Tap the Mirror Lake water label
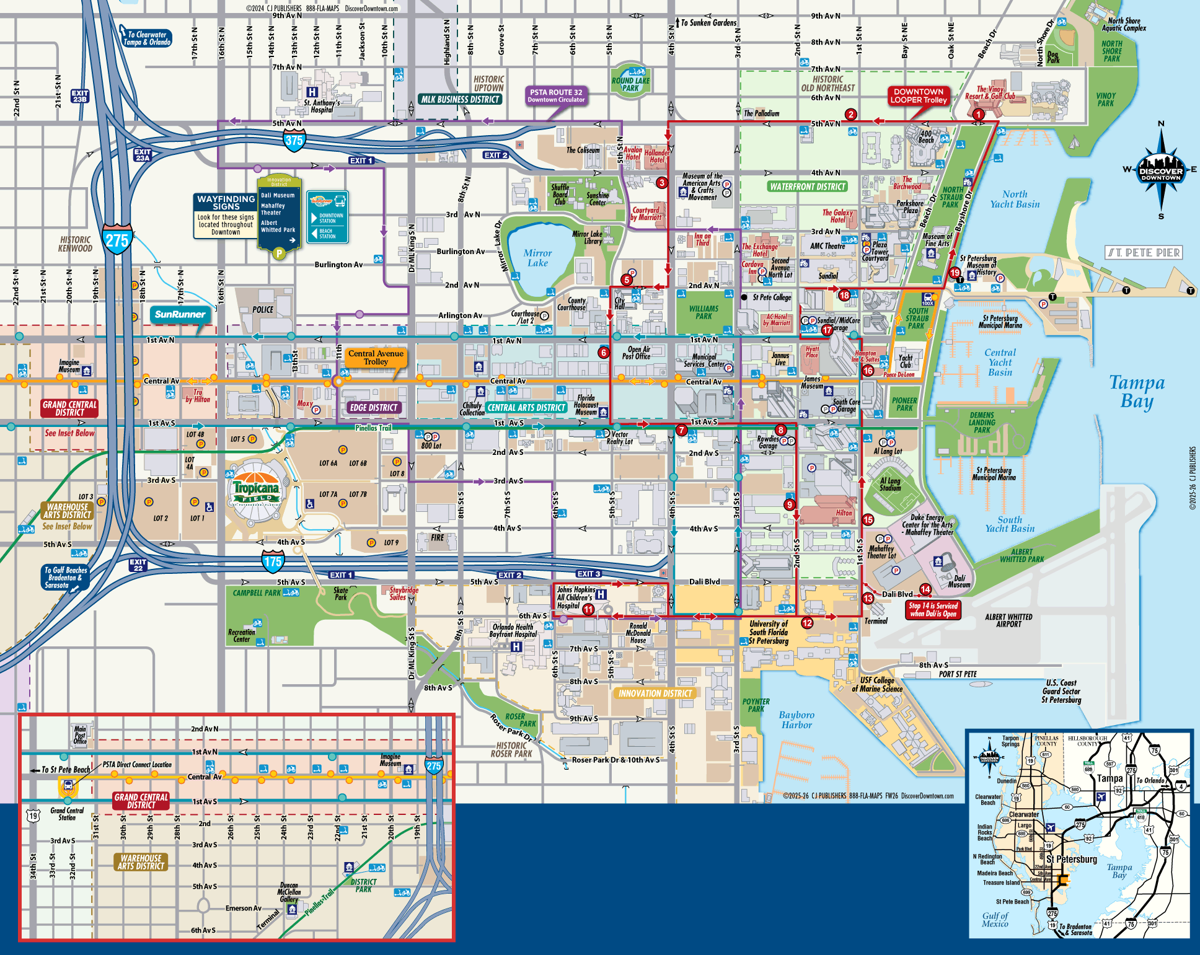tap(537, 258)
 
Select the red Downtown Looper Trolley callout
tap(919, 95)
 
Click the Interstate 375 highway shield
tap(294, 141)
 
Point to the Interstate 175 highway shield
tap(272, 562)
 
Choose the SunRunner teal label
tap(180, 314)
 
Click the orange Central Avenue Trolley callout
tap(376, 357)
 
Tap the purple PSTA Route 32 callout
tap(556, 95)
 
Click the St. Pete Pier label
tap(1144, 252)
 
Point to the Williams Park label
tap(704, 312)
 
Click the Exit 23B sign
tap(80, 96)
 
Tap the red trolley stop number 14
tap(925, 589)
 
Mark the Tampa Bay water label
tap(1136, 392)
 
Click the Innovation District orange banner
tap(655, 693)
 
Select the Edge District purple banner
tap(373, 407)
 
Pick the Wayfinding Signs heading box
tap(226, 202)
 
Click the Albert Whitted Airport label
tap(1008, 620)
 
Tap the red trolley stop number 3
tap(662, 182)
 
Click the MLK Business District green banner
tap(460, 99)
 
